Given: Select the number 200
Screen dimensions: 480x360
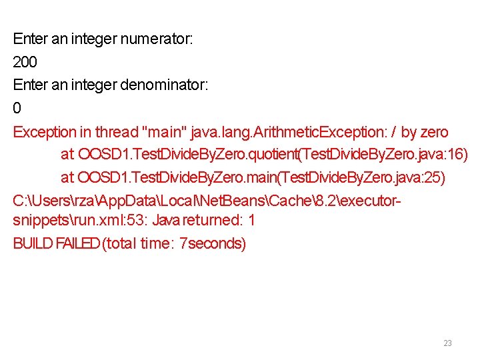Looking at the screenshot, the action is [x=25, y=63].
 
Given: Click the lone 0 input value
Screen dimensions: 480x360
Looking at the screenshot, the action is [x=17, y=108].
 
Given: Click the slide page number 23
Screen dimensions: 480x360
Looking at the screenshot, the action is [x=447, y=343].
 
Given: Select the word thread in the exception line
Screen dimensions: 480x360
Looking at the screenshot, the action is [x=116, y=132].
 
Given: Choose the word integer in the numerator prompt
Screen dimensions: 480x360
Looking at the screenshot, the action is [x=93, y=39].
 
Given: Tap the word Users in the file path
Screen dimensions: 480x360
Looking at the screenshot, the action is [x=49, y=200].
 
